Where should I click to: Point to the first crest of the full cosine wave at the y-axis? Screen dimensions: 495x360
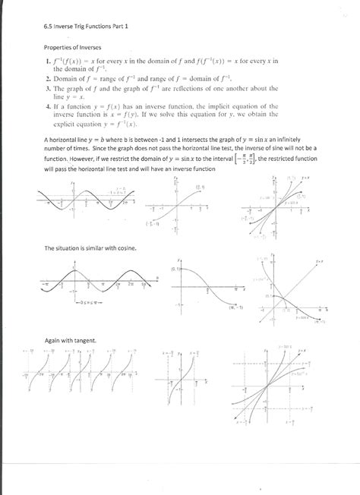click(73, 268)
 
